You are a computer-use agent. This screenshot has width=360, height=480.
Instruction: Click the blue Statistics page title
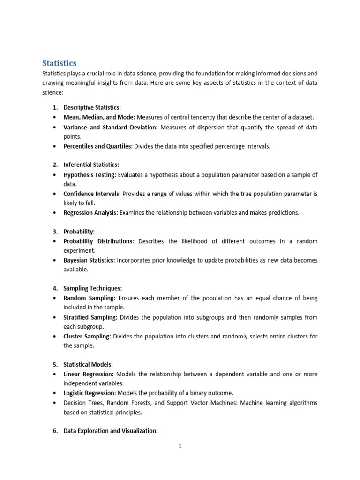point(60,63)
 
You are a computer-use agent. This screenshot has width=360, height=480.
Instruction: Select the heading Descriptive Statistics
point(92,107)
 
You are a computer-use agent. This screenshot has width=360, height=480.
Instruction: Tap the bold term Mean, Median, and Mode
point(99,117)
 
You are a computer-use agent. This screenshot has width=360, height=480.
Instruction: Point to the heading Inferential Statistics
point(91,165)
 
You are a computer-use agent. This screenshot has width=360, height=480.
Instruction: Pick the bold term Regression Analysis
point(91,213)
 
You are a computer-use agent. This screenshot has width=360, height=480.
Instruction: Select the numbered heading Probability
point(79,232)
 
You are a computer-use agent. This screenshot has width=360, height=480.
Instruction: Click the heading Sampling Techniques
point(92,288)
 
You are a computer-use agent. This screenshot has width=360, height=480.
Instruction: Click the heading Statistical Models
point(88,364)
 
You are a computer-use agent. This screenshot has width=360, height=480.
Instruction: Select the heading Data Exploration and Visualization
point(111,431)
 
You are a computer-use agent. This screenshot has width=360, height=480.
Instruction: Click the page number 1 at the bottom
point(180,446)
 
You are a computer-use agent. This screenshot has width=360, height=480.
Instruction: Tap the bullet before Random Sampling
point(55,298)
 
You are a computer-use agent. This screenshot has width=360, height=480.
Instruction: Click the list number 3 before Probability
point(54,232)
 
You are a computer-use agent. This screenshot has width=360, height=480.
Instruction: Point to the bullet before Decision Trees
point(55,403)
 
